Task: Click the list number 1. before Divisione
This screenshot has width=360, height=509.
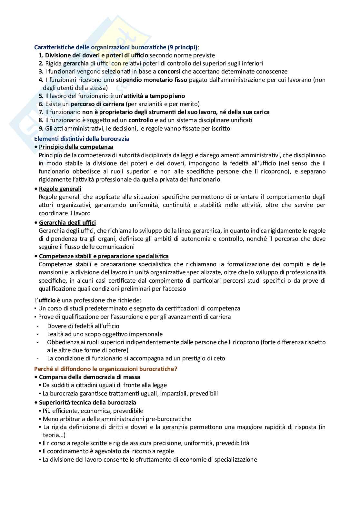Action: coord(41,55)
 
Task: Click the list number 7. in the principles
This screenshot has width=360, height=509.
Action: coord(41,112)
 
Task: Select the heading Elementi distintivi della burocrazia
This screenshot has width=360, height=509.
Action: coord(82,139)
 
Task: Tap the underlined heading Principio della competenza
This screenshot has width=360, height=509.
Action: coord(76,147)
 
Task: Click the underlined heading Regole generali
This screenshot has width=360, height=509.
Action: coord(60,189)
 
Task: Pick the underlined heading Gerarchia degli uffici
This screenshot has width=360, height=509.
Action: coord(67,223)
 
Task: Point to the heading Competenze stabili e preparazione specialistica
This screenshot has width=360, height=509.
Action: coord(104,256)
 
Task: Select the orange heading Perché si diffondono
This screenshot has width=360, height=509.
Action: coord(106,369)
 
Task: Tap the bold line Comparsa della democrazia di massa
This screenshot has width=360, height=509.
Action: coord(90,377)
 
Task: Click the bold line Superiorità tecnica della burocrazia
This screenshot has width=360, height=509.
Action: coord(87,402)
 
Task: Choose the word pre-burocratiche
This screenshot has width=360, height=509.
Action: coord(170,419)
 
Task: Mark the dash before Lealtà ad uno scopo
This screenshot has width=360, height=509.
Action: coord(38,334)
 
